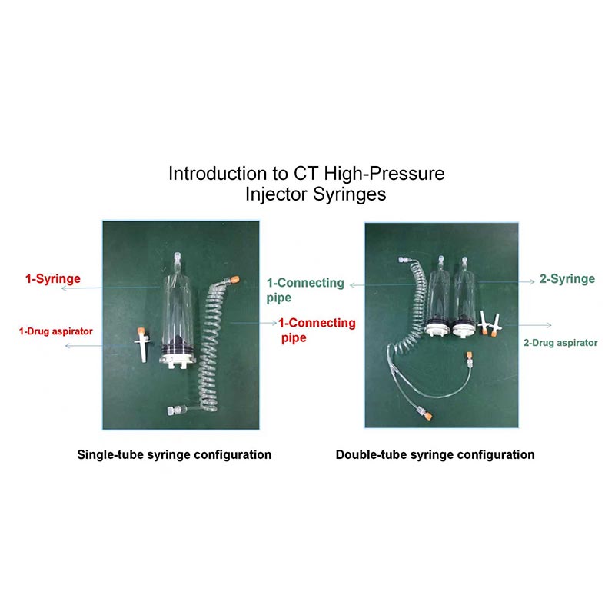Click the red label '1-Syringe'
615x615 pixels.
tap(53, 279)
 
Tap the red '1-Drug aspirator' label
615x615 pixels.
tap(55, 331)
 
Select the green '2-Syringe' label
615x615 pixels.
tap(567, 279)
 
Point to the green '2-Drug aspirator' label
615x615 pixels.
tap(560, 343)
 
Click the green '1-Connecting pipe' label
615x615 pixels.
tap(305, 290)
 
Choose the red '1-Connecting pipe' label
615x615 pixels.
tap(317, 331)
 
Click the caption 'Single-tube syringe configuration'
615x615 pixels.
tap(175, 454)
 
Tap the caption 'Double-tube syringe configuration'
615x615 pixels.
tap(435, 454)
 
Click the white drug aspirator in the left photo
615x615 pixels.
tap(141, 344)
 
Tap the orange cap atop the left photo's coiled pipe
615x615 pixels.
tap(234, 280)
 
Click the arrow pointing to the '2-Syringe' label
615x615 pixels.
tap(506, 282)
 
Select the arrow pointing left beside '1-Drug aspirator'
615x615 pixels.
tap(85, 346)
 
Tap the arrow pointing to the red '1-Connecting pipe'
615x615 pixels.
tap(254, 323)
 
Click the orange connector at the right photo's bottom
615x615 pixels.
tap(428, 415)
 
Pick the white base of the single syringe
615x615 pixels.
tap(177, 361)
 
